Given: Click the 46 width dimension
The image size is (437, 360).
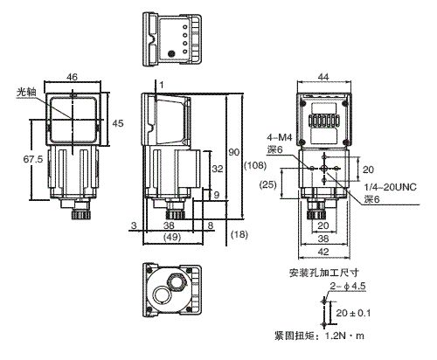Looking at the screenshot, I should (x=73, y=79).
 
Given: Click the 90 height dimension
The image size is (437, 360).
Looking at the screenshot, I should (x=233, y=153).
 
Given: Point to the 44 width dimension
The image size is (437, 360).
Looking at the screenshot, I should (x=323, y=79).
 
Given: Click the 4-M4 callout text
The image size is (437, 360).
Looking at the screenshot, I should (x=280, y=136).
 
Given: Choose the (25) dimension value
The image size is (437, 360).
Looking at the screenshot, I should (x=271, y=183).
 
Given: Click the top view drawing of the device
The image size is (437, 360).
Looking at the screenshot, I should (x=170, y=39).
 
